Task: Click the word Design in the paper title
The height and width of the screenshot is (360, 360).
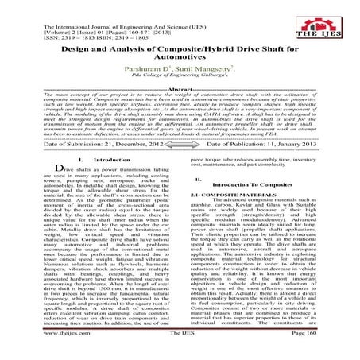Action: tap(81, 49)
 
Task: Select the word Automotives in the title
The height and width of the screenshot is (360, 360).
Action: tap(180, 61)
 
